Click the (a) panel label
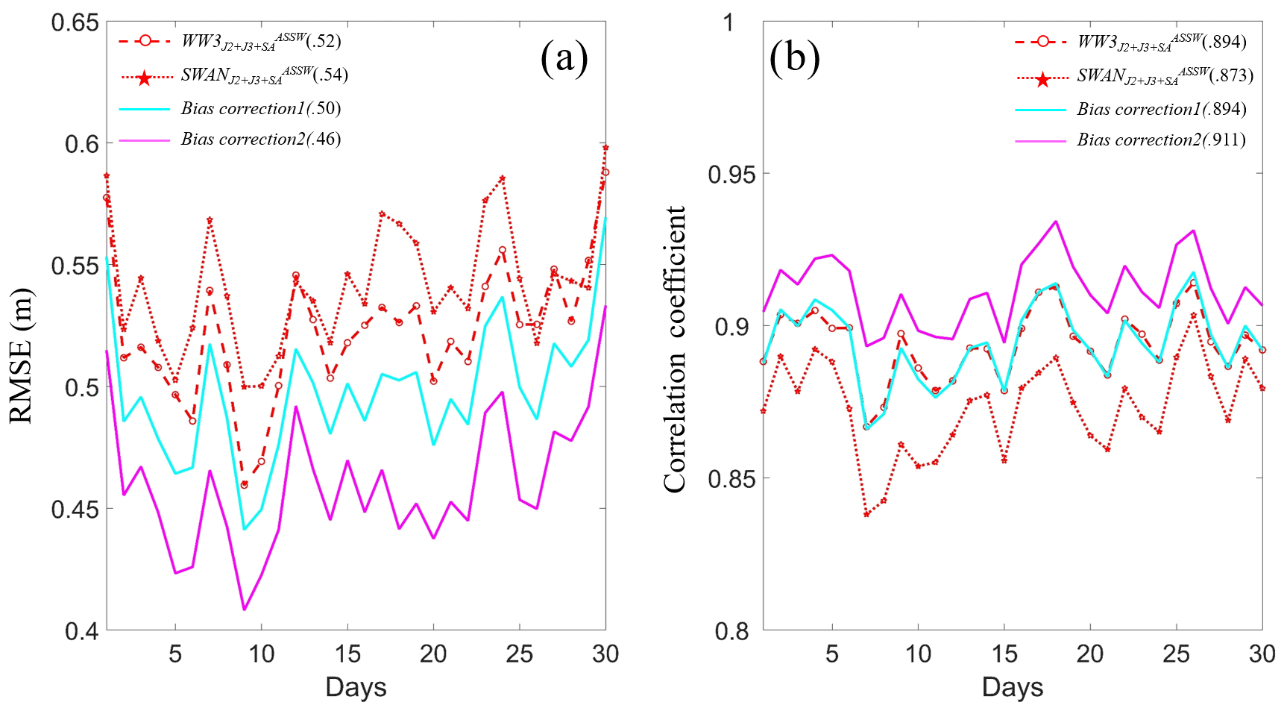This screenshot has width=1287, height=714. (x=564, y=57)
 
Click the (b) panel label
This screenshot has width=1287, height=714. (x=794, y=57)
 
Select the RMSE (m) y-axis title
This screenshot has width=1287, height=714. (x=22, y=356)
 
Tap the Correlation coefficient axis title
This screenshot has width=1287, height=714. (x=674, y=349)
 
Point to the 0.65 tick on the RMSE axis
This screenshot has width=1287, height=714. (x=75, y=22)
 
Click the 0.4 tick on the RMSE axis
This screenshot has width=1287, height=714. (x=81, y=631)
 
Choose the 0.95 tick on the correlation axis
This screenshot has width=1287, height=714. (x=731, y=175)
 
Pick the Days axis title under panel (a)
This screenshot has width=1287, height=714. (x=356, y=686)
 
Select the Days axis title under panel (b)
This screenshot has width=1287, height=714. (x=1012, y=686)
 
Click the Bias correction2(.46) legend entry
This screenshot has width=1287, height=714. (x=260, y=140)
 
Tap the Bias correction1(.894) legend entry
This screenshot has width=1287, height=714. (x=1161, y=110)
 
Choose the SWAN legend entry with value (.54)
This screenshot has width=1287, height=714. (x=264, y=75)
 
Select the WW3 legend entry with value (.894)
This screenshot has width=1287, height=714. (x=1162, y=42)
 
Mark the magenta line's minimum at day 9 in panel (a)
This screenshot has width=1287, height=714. (x=244, y=610)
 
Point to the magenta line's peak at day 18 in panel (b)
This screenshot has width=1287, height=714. (x=1056, y=222)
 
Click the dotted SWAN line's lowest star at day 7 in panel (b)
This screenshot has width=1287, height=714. (x=866, y=514)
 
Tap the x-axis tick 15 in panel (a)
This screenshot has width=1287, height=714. (x=347, y=654)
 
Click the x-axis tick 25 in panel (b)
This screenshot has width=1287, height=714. (x=1176, y=654)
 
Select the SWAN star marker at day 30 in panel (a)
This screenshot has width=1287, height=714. (x=605, y=148)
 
